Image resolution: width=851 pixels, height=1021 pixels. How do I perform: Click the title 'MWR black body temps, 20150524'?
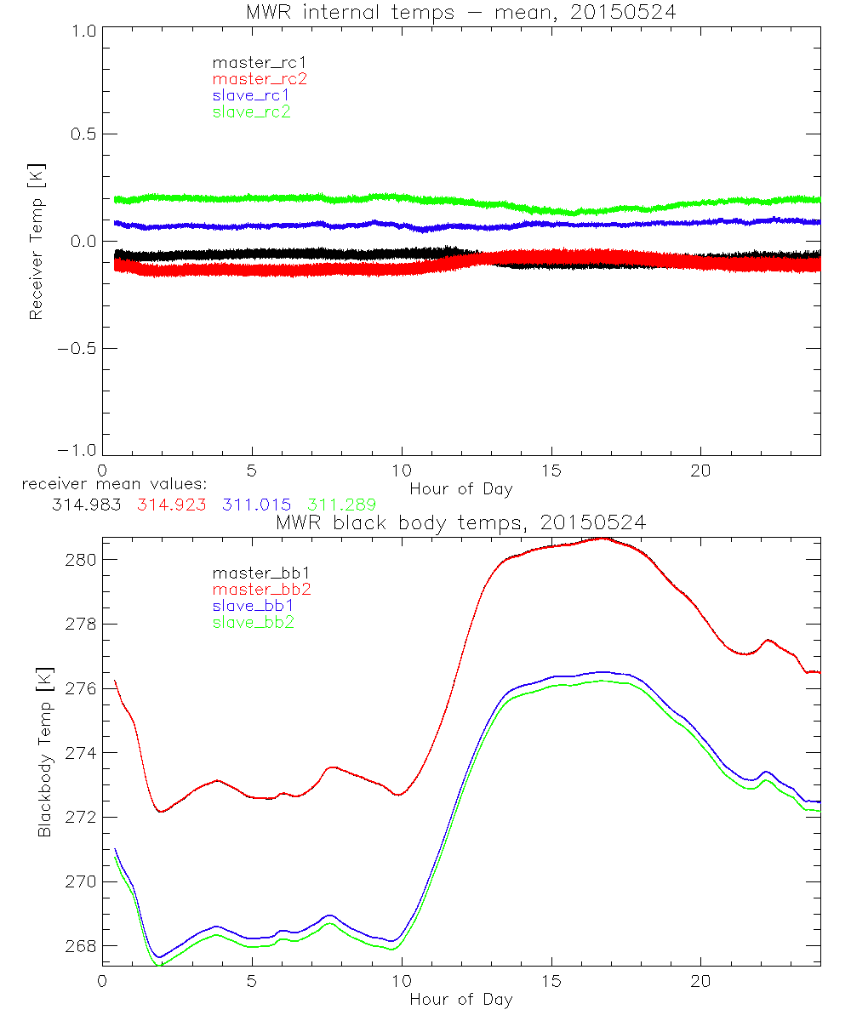[460, 522]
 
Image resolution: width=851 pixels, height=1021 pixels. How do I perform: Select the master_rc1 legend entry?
[251, 62]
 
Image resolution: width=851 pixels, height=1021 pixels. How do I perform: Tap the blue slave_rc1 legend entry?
[251, 95]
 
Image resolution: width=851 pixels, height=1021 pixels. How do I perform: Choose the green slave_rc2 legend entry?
[251, 111]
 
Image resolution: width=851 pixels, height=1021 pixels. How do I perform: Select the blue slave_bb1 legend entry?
[252, 606]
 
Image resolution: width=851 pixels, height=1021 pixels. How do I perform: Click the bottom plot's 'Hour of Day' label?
[460, 999]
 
